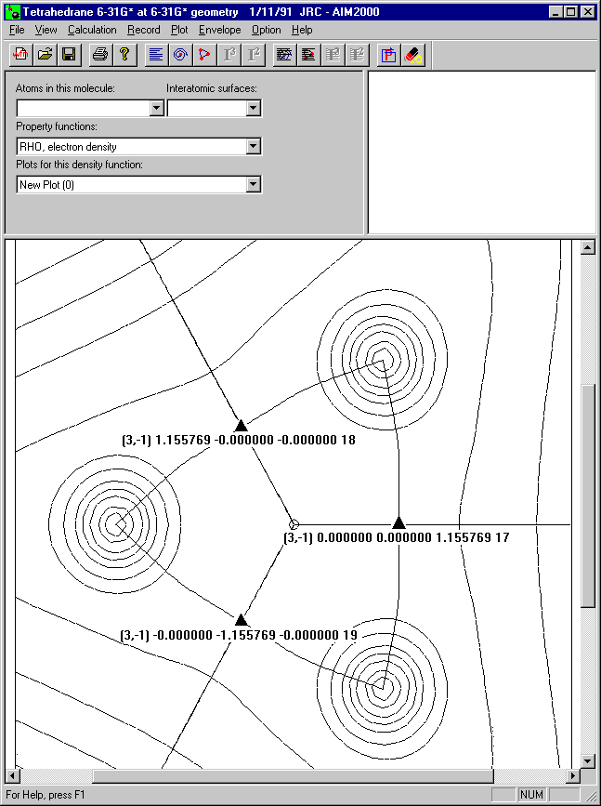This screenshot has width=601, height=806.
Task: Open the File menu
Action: pos(17,30)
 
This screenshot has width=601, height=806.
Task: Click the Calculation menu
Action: pos(92,30)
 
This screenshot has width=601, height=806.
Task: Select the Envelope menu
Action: pos(220,30)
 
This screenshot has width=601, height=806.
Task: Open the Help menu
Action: pos(302,30)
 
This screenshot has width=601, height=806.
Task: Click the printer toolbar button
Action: pos(100,55)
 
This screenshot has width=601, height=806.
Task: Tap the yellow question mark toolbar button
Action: pos(124,55)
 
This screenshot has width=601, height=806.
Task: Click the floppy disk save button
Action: pos(69,55)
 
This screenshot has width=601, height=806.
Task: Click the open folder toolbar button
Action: pos(46,55)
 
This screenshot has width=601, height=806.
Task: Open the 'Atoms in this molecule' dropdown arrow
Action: pos(157,109)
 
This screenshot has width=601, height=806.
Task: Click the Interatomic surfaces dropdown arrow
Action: pos(253,109)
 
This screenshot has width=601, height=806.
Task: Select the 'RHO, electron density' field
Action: pos(139,147)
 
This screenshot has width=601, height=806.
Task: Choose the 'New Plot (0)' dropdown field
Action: pos(139,185)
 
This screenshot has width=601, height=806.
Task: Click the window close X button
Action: pos(588,11)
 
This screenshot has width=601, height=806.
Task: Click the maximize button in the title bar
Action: pos(571,11)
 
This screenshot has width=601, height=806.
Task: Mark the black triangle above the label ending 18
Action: pos(241,426)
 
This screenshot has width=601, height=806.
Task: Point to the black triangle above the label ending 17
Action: pos(398,522)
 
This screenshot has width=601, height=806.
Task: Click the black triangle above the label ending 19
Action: pos(241,620)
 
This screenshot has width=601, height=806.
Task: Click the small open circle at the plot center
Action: pos(294,524)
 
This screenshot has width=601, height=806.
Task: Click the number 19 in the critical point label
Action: pos(350,635)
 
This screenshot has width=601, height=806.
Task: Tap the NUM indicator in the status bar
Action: pos(531,795)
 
